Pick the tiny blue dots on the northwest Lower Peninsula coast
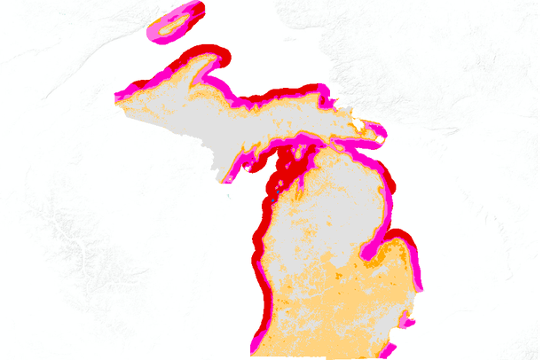click(277, 187)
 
